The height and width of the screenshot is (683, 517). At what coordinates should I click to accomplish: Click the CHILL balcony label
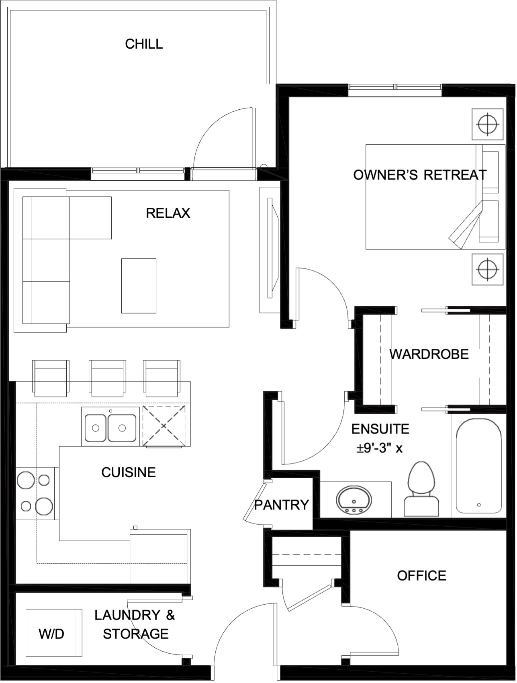pos(144,44)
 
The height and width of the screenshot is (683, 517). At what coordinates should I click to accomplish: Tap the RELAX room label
pos(168,213)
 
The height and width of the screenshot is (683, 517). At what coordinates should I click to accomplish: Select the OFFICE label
pos(421,575)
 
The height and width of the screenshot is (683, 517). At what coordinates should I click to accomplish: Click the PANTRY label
pos(282,504)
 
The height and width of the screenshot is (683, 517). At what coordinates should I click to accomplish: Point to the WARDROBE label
pos(429,354)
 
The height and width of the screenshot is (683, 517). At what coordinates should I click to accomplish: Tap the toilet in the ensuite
pos(421,489)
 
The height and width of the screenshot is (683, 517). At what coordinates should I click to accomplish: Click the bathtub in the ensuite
pos(478,466)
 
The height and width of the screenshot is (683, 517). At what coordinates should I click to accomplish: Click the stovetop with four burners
pos(36,493)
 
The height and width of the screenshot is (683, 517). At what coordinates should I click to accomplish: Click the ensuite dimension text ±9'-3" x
pos(380,448)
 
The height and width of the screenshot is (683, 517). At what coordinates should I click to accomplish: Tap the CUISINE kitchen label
pos(129,472)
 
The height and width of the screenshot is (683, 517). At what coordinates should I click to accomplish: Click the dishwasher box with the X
pos(164,426)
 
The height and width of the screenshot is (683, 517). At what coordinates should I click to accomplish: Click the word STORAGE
pos(136,634)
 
